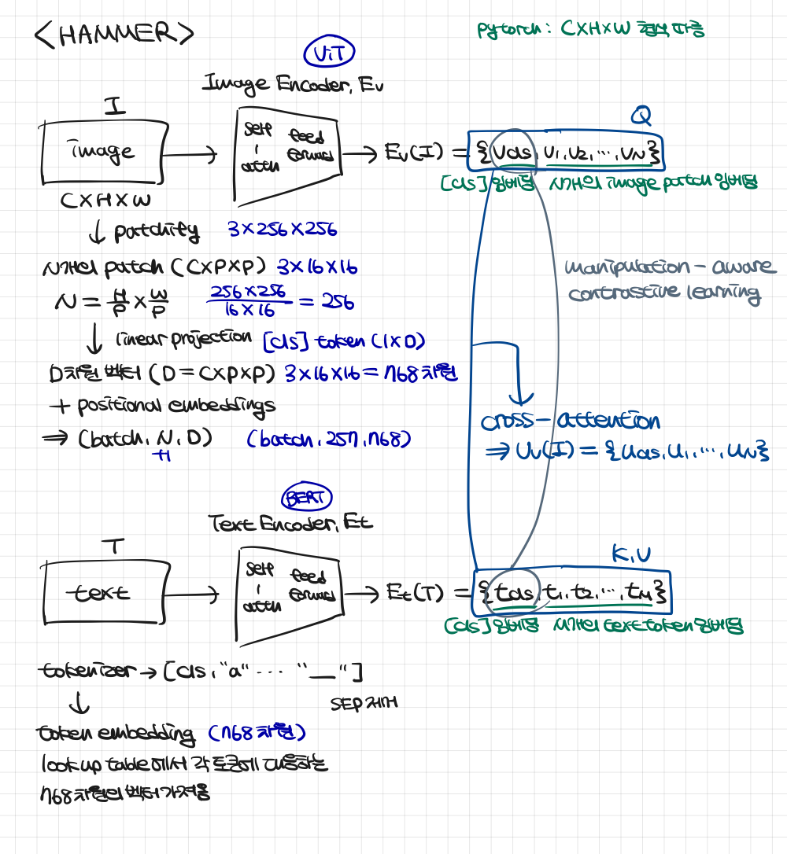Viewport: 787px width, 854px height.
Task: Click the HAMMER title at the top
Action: [114, 34]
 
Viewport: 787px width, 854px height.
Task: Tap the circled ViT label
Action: [329, 53]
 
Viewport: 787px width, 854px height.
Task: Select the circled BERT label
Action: [307, 497]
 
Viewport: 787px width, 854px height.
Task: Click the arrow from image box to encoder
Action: [192, 155]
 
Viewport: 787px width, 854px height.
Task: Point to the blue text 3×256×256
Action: [282, 230]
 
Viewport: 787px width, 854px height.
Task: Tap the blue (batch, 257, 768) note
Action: [328, 439]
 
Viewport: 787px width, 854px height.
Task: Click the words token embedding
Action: [116, 734]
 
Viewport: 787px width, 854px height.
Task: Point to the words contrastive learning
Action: [664, 295]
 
